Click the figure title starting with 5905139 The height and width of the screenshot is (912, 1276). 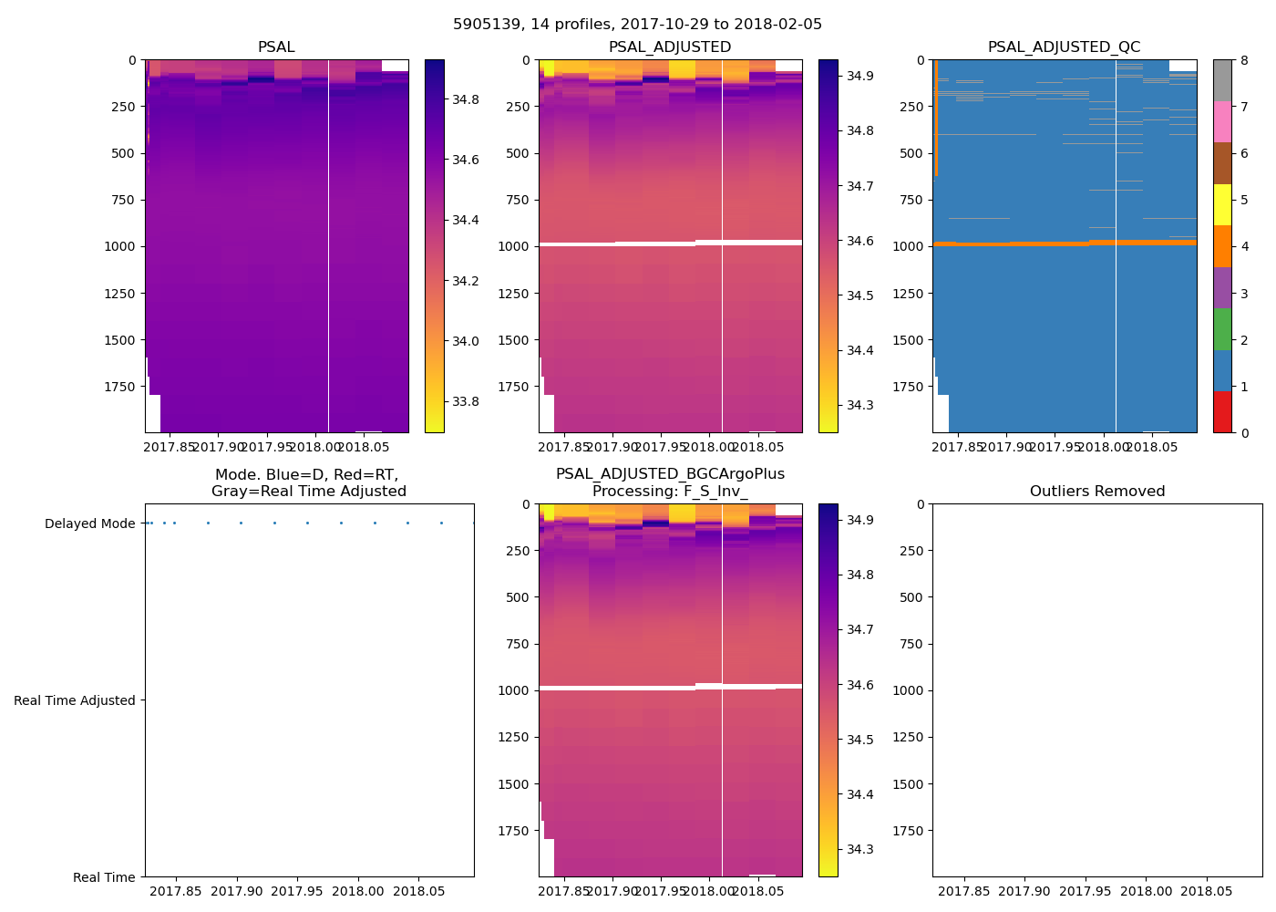click(x=637, y=25)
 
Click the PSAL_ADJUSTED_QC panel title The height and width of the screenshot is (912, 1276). click(x=1064, y=47)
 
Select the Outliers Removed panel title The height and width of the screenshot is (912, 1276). click(x=1096, y=492)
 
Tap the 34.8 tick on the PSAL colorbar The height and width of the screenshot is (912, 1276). click(x=466, y=98)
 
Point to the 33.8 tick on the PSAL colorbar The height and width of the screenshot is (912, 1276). click(x=466, y=401)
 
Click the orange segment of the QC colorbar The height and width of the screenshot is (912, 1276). click(x=1222, y=246)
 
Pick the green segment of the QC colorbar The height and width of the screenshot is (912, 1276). click(x=1222, y=328)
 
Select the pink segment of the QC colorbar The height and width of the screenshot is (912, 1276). click(x=1222, y=121)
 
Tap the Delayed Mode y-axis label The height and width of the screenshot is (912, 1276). click(x=89, y=523)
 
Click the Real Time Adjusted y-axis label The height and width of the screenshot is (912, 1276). click(x=75, y=700)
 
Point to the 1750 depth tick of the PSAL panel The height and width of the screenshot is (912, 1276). click(x=119, y=387)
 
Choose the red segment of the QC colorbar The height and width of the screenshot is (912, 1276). click(x=1222, y=411)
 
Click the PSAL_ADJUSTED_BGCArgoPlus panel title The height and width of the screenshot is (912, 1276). click(x=670, y=482)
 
